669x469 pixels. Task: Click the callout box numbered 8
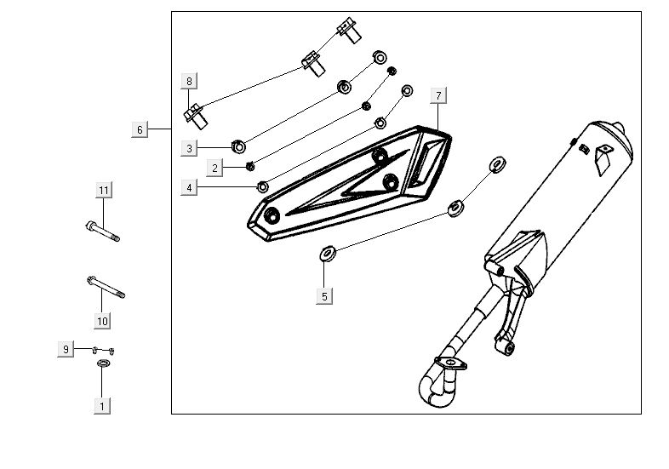click(x=190, y=81)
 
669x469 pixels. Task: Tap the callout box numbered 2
click(x=216, y=168)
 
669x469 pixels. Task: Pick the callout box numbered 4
click(x=190, y=187)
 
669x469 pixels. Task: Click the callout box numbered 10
click(x=102, y=321)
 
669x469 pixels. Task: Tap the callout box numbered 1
click(x=103, y=406)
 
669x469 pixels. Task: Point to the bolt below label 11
click(x=102, y=230)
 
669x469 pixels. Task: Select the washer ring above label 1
click(x=103, y=364)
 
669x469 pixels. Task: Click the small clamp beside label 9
click(x=102, y=349)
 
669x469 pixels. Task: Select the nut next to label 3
click(x=238, y=146)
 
